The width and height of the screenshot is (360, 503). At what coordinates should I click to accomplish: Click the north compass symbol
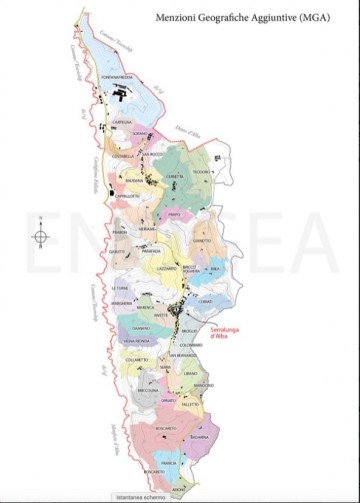tap(40, 237)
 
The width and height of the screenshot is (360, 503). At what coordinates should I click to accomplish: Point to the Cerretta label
tap(175, 178)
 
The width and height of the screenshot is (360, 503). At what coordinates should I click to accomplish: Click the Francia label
tap(171, 464)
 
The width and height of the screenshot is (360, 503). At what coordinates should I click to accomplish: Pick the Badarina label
tap(198, 437)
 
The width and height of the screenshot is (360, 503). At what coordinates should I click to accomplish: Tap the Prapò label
tap(173, 213)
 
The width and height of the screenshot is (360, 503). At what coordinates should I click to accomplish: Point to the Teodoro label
tap(200, 172)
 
